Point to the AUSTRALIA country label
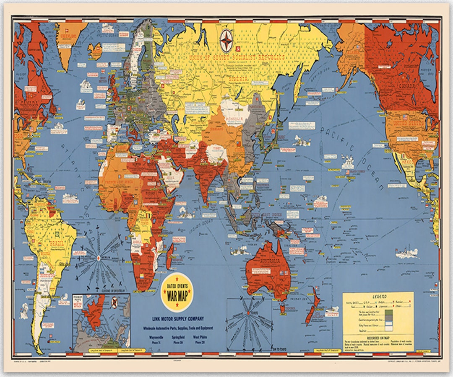268,262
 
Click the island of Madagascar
169,256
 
